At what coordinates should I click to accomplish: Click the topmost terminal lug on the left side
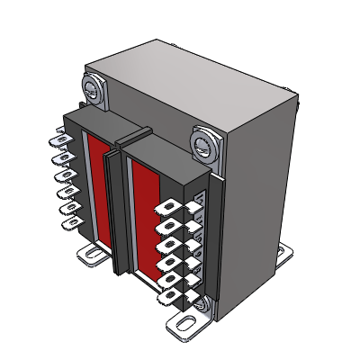point(59,140)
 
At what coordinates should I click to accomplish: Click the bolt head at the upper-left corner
point(93,88)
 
